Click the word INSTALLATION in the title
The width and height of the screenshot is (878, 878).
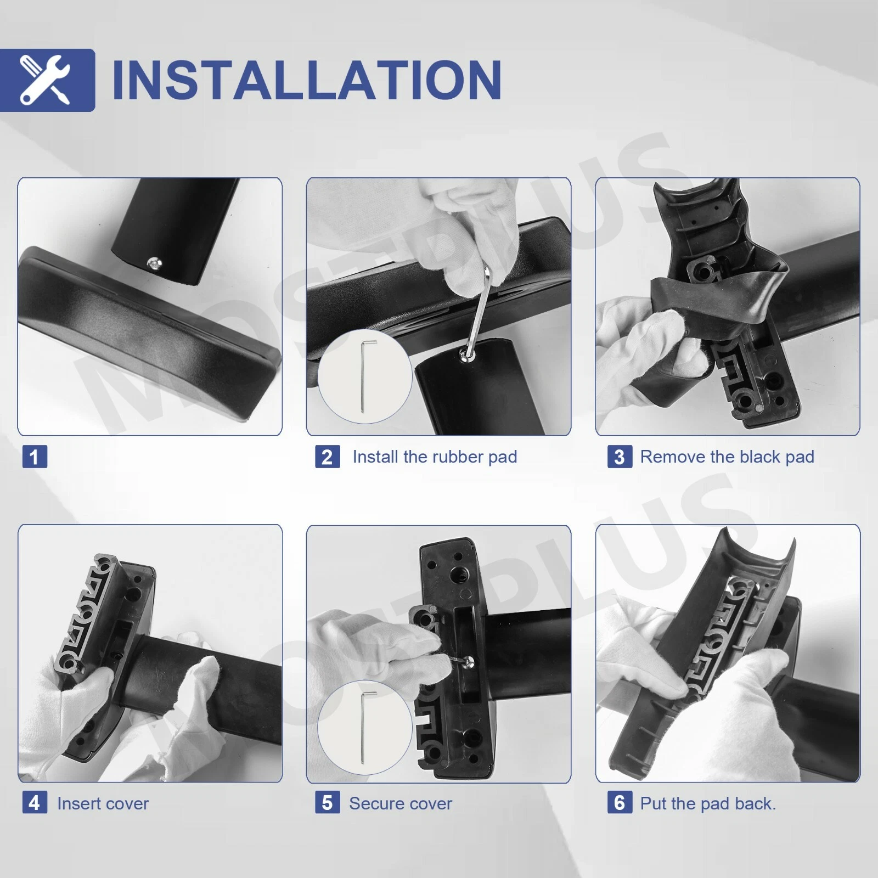click(x=307, y=80)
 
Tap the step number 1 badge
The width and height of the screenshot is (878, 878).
click(x=35, y=457)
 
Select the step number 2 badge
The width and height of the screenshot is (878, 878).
click(x=327, y=457)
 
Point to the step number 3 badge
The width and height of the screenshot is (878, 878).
click(x=620, y=457)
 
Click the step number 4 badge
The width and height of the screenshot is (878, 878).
click(x=35, y=803)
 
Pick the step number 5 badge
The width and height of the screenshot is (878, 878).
click(x=327, y=803)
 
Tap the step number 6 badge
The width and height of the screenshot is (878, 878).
click(x=620, y=803)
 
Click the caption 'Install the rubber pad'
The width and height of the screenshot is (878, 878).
click(x=435, y=457)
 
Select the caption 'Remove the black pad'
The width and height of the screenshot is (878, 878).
click(x=727, y=457)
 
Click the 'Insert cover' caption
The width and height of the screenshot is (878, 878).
click(x=103, y=803)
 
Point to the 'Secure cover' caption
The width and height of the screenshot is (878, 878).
click(x=401, y=803)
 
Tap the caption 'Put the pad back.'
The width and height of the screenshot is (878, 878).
click(x=708, y=803)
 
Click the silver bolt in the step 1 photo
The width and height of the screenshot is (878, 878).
click(x=154, y=264)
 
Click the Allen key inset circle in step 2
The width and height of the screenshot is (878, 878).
click(x=364, y=376)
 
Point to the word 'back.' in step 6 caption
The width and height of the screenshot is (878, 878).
click(x=755, y=803)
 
